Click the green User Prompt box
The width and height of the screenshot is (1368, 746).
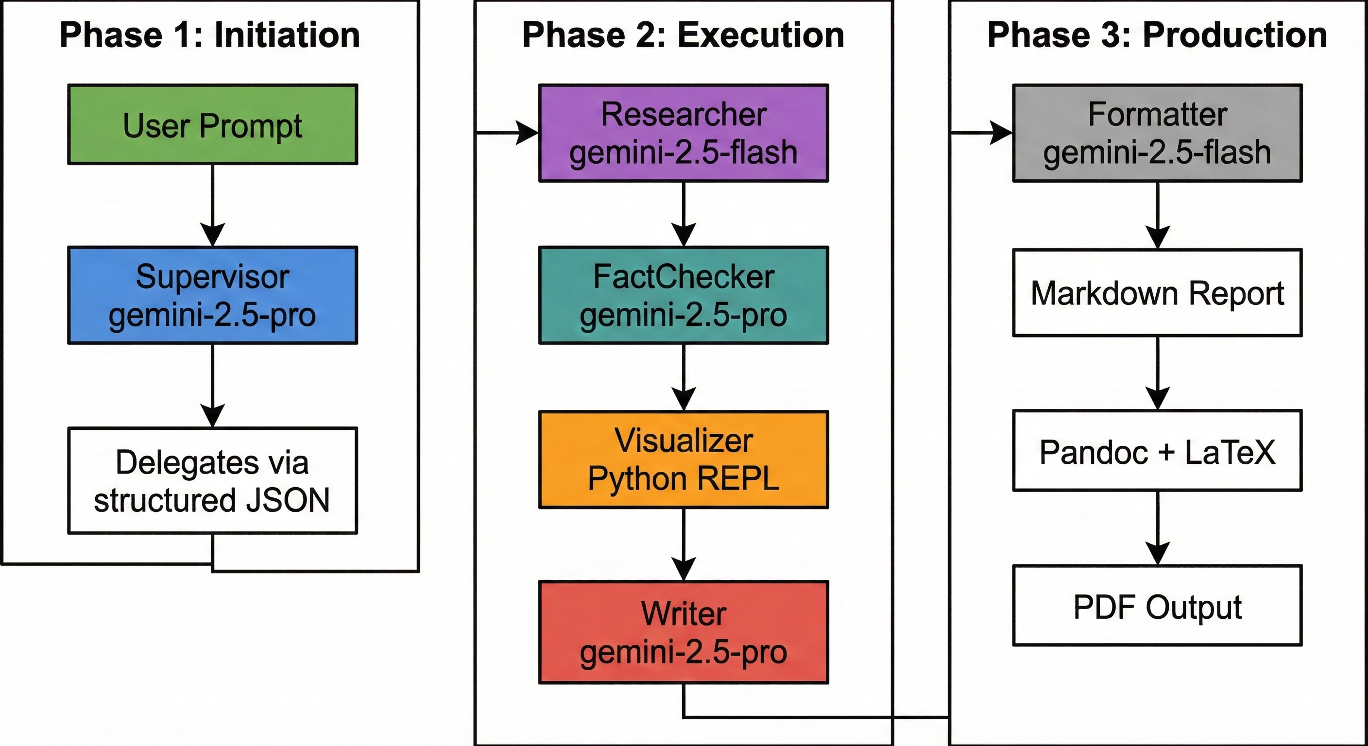click(x=212, y=124)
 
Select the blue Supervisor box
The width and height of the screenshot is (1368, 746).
click(x=212, y=295)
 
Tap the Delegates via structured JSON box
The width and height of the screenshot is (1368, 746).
click(x=212, y=480)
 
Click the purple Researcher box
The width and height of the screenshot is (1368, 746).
click(x=684, y=133)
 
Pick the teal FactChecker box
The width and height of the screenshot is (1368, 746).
click(x=684, y=295)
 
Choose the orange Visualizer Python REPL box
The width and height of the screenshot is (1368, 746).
click(x=684, y=460)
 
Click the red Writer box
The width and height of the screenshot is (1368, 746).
click(x=684, y=632)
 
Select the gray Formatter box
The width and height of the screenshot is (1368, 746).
click(x=1157, y=133)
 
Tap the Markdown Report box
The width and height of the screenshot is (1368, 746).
click(x=1157, y=293)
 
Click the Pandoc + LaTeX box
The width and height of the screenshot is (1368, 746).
click(x=1157, y=451)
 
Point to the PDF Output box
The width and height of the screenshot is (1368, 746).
click(x=1157, y=606)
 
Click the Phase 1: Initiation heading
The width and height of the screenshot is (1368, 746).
click(x=210, y=35)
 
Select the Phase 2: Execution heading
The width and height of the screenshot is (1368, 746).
click(x=684, y=35)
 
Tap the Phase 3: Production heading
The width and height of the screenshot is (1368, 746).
click(x=1157, y=35)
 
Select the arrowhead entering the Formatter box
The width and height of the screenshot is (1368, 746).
click(x=1001, y=133)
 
